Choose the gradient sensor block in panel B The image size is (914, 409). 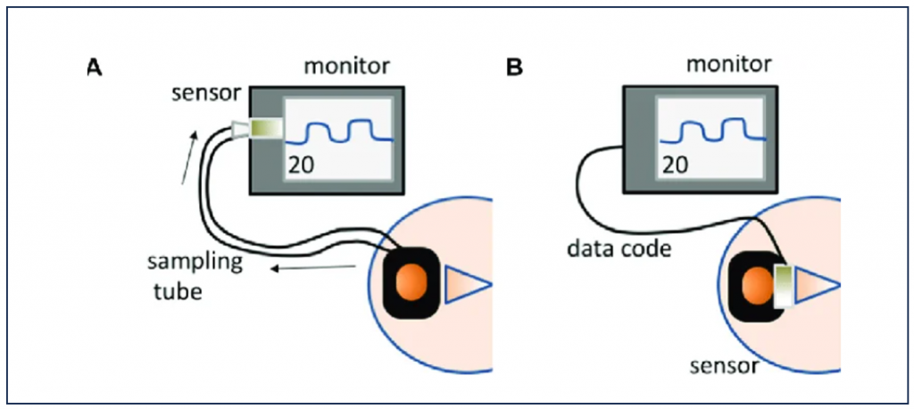point(783,286)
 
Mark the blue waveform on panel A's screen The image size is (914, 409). point(346,132)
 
